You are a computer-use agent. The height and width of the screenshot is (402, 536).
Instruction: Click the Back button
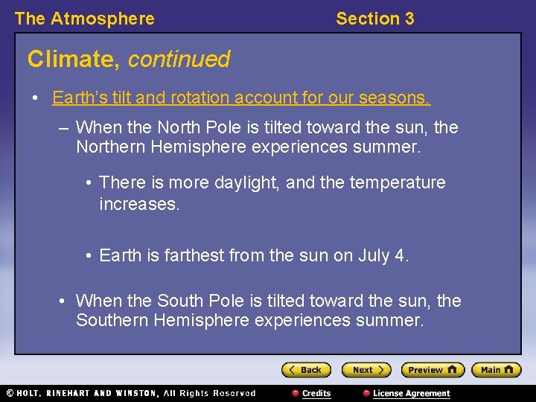pos(305,370)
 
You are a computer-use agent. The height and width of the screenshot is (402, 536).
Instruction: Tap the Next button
pos(366,370)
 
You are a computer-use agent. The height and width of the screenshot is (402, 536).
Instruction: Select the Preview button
pos(432,370)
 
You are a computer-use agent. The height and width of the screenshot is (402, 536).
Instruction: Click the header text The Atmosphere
pos(85,19)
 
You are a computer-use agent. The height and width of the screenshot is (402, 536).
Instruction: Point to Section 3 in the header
pos(374,19)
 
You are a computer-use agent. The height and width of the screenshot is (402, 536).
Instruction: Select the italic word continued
pos(179,59)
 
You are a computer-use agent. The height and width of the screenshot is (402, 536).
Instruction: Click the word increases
pos(139,203)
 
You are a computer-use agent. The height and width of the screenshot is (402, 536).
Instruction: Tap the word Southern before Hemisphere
pos(110,320)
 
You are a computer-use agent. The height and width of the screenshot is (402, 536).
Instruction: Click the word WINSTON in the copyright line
pos(133,393)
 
